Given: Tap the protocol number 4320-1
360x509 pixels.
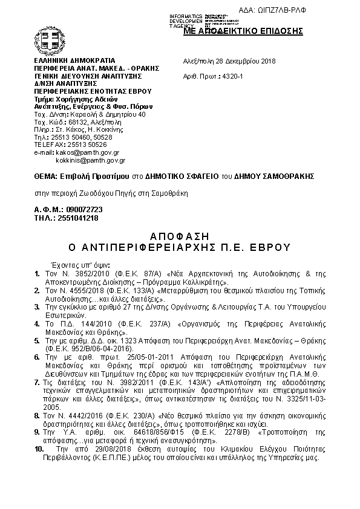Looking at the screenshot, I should pos(231,77).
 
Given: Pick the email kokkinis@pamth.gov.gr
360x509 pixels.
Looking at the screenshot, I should pos(90,161).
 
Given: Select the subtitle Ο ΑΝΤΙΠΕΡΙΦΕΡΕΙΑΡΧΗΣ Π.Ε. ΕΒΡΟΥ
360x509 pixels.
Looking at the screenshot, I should pos(180,247).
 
